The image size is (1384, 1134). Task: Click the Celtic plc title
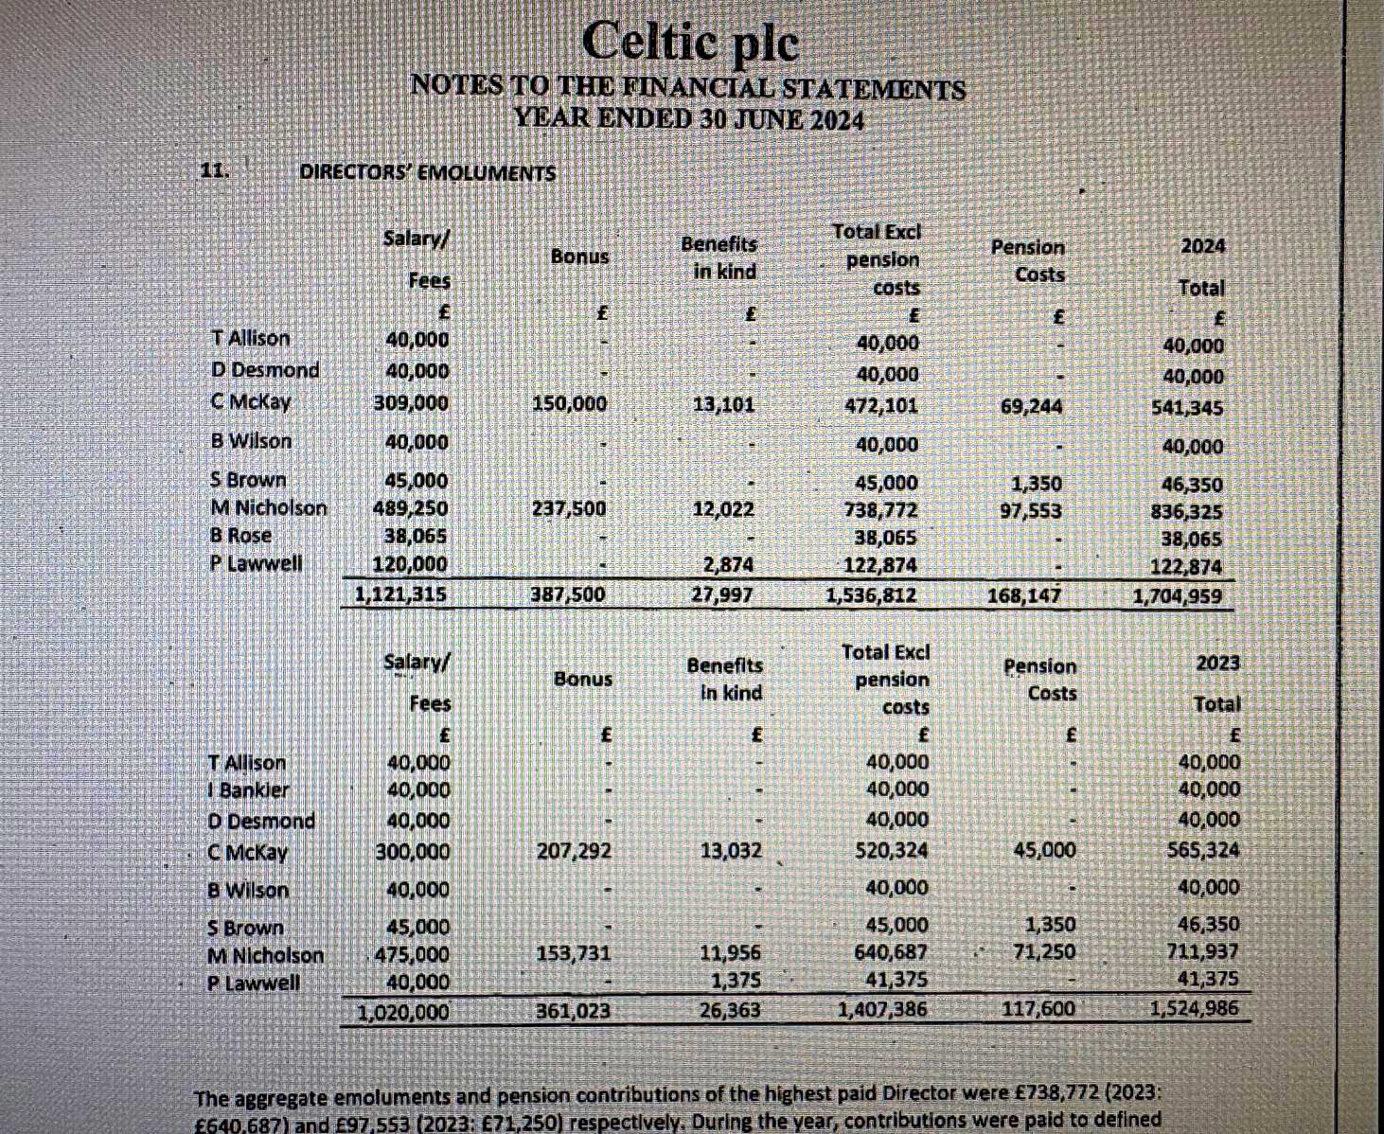click(x=690, y=43)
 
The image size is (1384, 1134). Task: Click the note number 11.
click(x=214, y=171)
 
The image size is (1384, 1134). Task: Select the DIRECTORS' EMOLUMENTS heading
click(x=427, y=173)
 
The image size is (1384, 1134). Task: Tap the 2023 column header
click(x=1216, y=663)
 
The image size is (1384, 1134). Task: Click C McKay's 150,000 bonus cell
click(x=569, y=404)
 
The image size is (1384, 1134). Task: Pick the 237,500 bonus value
click(x=568, y=508)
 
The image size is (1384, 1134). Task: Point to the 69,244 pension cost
click(x=1031, y=407)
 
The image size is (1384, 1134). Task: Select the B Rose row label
click(x=240, y=536)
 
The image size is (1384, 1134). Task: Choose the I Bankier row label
click(x=248, y=790)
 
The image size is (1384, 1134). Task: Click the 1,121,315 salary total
click(x=399, y=594)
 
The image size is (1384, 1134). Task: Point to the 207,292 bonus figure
click(x=574, y=851)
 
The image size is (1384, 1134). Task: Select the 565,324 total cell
click(x=1203, y=850)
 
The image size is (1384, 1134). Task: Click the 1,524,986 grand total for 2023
click(x=1193, y=1008)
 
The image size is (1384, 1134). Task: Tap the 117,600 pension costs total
click(x=1038, y=1009)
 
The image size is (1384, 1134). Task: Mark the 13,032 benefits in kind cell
click(x=730, y=851)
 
